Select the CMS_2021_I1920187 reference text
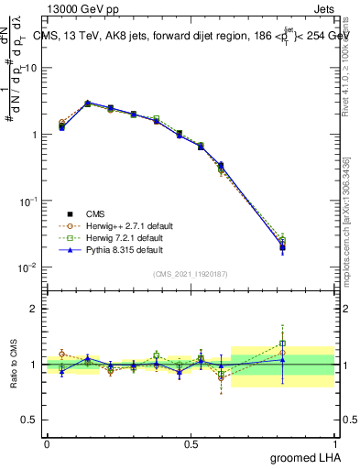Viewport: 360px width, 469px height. [x=189, y=272]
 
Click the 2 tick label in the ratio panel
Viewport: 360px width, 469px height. [x=36, y=309]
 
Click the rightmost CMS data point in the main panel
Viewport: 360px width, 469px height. [x=283, y=247]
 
